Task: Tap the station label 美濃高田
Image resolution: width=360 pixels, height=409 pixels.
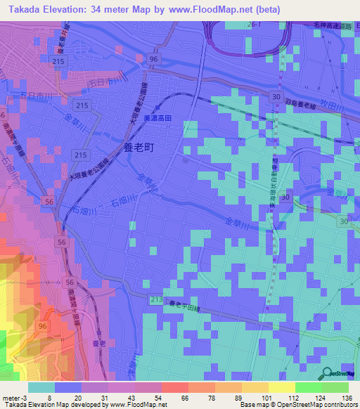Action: pyautogui.click(x=157, y=119)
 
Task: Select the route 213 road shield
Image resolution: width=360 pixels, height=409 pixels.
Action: pyautogui.click(x=156, y=301)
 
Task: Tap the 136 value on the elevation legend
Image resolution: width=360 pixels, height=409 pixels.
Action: pyautogui.click(x=345, y=398)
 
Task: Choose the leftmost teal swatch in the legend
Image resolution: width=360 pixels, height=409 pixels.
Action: pyautogui.click(x=41, y=387)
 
